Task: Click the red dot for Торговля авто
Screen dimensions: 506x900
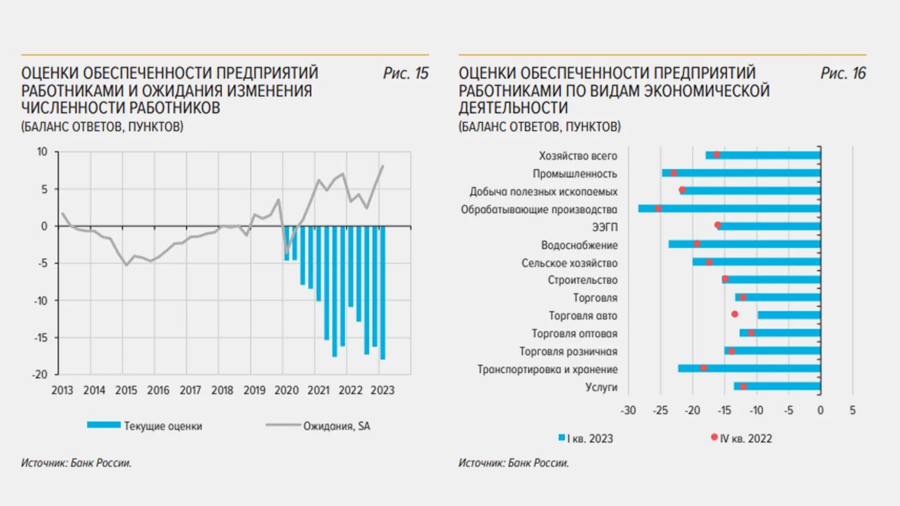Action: click(x=735, y=314)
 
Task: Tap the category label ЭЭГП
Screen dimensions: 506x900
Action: click(x=604, y=227)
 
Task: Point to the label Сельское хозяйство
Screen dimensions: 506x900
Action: click(x=569, y=263)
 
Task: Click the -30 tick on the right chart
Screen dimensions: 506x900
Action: click(x=628, y=410)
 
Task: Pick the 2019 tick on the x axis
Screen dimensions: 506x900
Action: click(x=254, y=390)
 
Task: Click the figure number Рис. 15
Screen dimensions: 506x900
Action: click(x=406, y=74)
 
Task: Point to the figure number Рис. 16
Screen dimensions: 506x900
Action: click(x=843, y=74)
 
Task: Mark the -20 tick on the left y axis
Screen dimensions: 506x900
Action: click(x=40, y=375)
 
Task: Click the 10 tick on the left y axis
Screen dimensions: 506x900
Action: click(x=42, y=152)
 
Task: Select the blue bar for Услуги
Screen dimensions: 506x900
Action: click(x=777, y=386)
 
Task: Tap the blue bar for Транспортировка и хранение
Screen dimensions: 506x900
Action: click(x=749, y=369)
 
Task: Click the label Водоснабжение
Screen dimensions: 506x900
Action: click(x=579, y=245)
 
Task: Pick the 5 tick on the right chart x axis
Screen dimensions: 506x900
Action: click(x=853, y=410)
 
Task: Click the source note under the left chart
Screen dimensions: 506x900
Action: click(x=77, y=463)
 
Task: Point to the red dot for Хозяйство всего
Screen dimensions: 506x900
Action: click(x=716, y=155)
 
